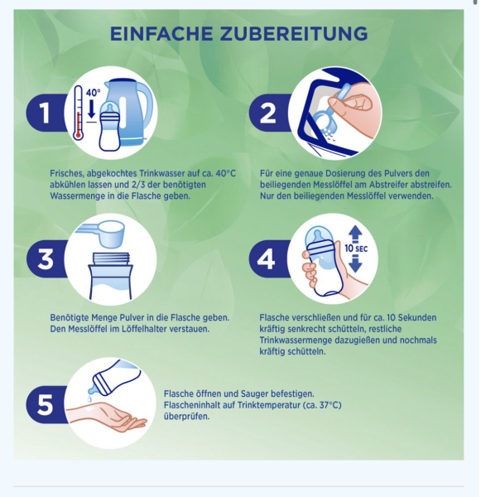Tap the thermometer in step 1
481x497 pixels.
click(79, 116)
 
